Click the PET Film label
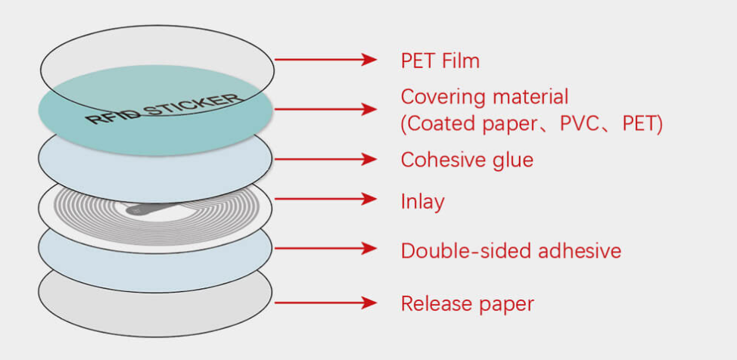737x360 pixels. click(x=440, y=61)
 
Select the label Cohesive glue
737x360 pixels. click(x=467, y=160)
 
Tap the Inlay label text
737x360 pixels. click(x=422, y=202)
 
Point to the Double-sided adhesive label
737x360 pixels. click(x=511, y=251)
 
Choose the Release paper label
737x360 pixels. click(x=467, y=304)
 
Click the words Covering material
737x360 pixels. click(x=484, y=98)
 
